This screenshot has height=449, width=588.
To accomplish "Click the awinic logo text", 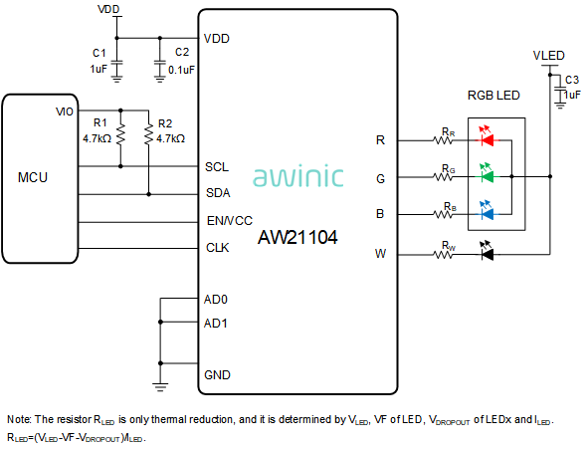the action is [298, 175].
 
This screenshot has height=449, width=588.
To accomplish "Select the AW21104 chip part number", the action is [297, 237].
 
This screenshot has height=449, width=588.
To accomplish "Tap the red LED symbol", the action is [487, 137].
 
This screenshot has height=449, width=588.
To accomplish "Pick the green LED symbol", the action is [487, 173].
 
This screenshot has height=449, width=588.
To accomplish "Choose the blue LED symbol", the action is [487, 211].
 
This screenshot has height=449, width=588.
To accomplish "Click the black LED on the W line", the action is [487, 251].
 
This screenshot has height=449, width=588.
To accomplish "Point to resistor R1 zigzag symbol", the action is [120, 134].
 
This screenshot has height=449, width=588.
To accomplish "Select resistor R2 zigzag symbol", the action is [149, 134].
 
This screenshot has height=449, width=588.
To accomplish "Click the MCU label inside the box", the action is [33, 177].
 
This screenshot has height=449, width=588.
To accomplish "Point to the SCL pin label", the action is [217, 167].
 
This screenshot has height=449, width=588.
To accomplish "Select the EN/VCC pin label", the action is [230, 221].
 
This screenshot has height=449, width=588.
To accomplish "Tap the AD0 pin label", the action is [216, 300].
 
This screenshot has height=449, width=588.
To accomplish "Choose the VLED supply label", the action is [548, 56].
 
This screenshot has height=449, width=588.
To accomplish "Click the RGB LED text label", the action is [493, 96].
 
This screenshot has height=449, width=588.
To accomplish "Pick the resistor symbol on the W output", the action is [443, 255].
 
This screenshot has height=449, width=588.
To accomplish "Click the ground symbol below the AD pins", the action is [160, 387].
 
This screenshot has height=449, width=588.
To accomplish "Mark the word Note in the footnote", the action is [19, 419].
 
